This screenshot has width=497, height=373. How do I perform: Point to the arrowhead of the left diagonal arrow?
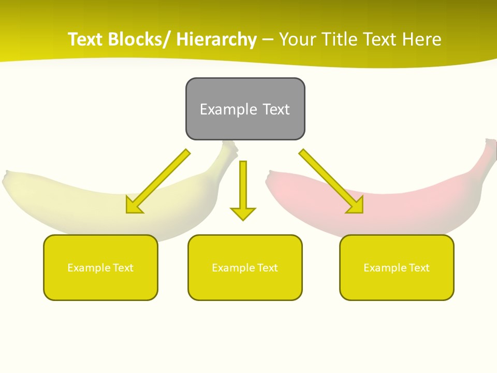click(134, 206)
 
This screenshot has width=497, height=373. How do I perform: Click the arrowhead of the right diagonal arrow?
click(356, 206)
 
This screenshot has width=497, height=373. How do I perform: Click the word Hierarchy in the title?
click(216, 39)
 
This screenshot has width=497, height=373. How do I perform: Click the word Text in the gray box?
click(276, 109)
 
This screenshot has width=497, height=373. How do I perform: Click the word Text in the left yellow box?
click(123, 268)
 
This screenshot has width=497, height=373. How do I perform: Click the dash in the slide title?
click(268, 40)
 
